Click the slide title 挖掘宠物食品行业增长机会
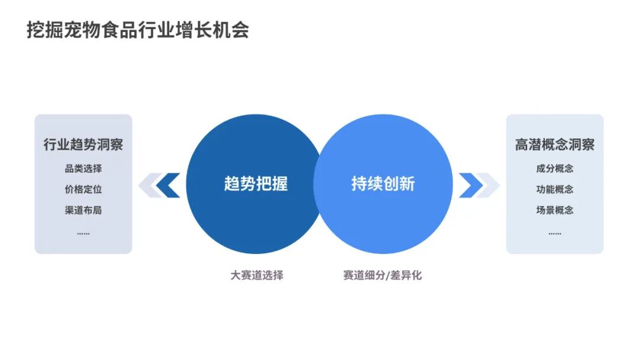(137, 30)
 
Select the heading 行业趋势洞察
(83, 144)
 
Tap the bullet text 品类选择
(83, 169)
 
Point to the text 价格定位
(83, 189)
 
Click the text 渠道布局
(83, 210)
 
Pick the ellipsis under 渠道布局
(83, 233)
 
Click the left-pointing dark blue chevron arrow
(170, 185)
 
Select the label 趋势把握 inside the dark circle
(256, 184)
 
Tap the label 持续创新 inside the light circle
(383, 184)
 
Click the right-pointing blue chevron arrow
(469, 185)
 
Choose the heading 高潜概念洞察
(554, 144)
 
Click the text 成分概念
(554, 169)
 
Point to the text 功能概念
(554, 189)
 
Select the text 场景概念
(554, 210)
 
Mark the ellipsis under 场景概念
(554, 233)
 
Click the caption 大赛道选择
(257, 275)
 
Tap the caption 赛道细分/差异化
(382, 275)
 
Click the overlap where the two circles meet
(319, 184)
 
